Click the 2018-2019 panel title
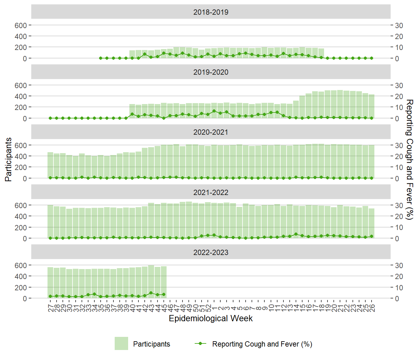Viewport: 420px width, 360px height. [211, 12]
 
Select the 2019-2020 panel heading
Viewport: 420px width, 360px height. [211, 72]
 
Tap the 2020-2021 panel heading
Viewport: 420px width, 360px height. [211, 132]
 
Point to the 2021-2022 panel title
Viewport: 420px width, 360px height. [211, 192]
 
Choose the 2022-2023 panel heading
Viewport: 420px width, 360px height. [211, 252]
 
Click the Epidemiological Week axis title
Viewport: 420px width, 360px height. [211, 318]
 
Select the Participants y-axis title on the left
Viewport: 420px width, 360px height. [8, 159]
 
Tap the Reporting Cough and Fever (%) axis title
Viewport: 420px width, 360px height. [410, 159]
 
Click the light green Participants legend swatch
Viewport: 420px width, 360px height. [121, 343]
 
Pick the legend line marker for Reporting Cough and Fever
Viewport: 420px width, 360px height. [200, 343]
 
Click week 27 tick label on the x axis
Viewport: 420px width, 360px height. [50, 308]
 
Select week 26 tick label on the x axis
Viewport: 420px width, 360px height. [372, 308]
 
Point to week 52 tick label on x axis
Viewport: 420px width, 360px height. [208, 308]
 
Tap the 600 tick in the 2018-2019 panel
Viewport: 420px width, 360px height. [21, 25]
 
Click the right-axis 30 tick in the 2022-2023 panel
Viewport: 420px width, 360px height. [399, 265]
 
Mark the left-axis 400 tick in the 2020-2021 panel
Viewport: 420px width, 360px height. [21, 156]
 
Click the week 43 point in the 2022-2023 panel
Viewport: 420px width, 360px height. [151, 293]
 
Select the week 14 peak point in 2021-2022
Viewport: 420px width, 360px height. [296, 234]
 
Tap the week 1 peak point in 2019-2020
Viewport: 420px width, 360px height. [214, 111]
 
